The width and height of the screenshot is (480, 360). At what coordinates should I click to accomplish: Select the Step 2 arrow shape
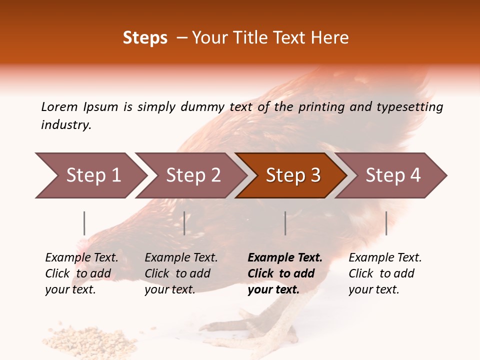point(192,175)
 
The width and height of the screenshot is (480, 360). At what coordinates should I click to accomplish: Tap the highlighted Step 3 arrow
point(292,175)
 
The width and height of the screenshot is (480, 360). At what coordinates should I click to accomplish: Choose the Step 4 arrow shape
point(392,175)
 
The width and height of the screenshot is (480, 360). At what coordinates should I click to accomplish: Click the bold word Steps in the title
point(145,38)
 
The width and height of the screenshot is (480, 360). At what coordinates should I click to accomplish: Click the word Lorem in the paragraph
point(59,107)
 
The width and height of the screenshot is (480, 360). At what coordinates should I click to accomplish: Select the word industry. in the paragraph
point(66,125)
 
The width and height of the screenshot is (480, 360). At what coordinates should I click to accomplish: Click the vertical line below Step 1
point(84,223)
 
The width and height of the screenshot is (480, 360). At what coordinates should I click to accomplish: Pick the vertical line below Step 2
point(184,223)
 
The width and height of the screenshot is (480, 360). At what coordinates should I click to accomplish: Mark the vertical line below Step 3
point(285,223)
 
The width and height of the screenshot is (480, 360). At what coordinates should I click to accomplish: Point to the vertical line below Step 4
point(386,223)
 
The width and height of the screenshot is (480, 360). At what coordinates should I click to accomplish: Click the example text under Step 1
point(81,273)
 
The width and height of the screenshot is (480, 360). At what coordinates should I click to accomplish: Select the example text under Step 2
point(181,273)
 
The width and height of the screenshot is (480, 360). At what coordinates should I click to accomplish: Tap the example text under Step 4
point(385,273)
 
